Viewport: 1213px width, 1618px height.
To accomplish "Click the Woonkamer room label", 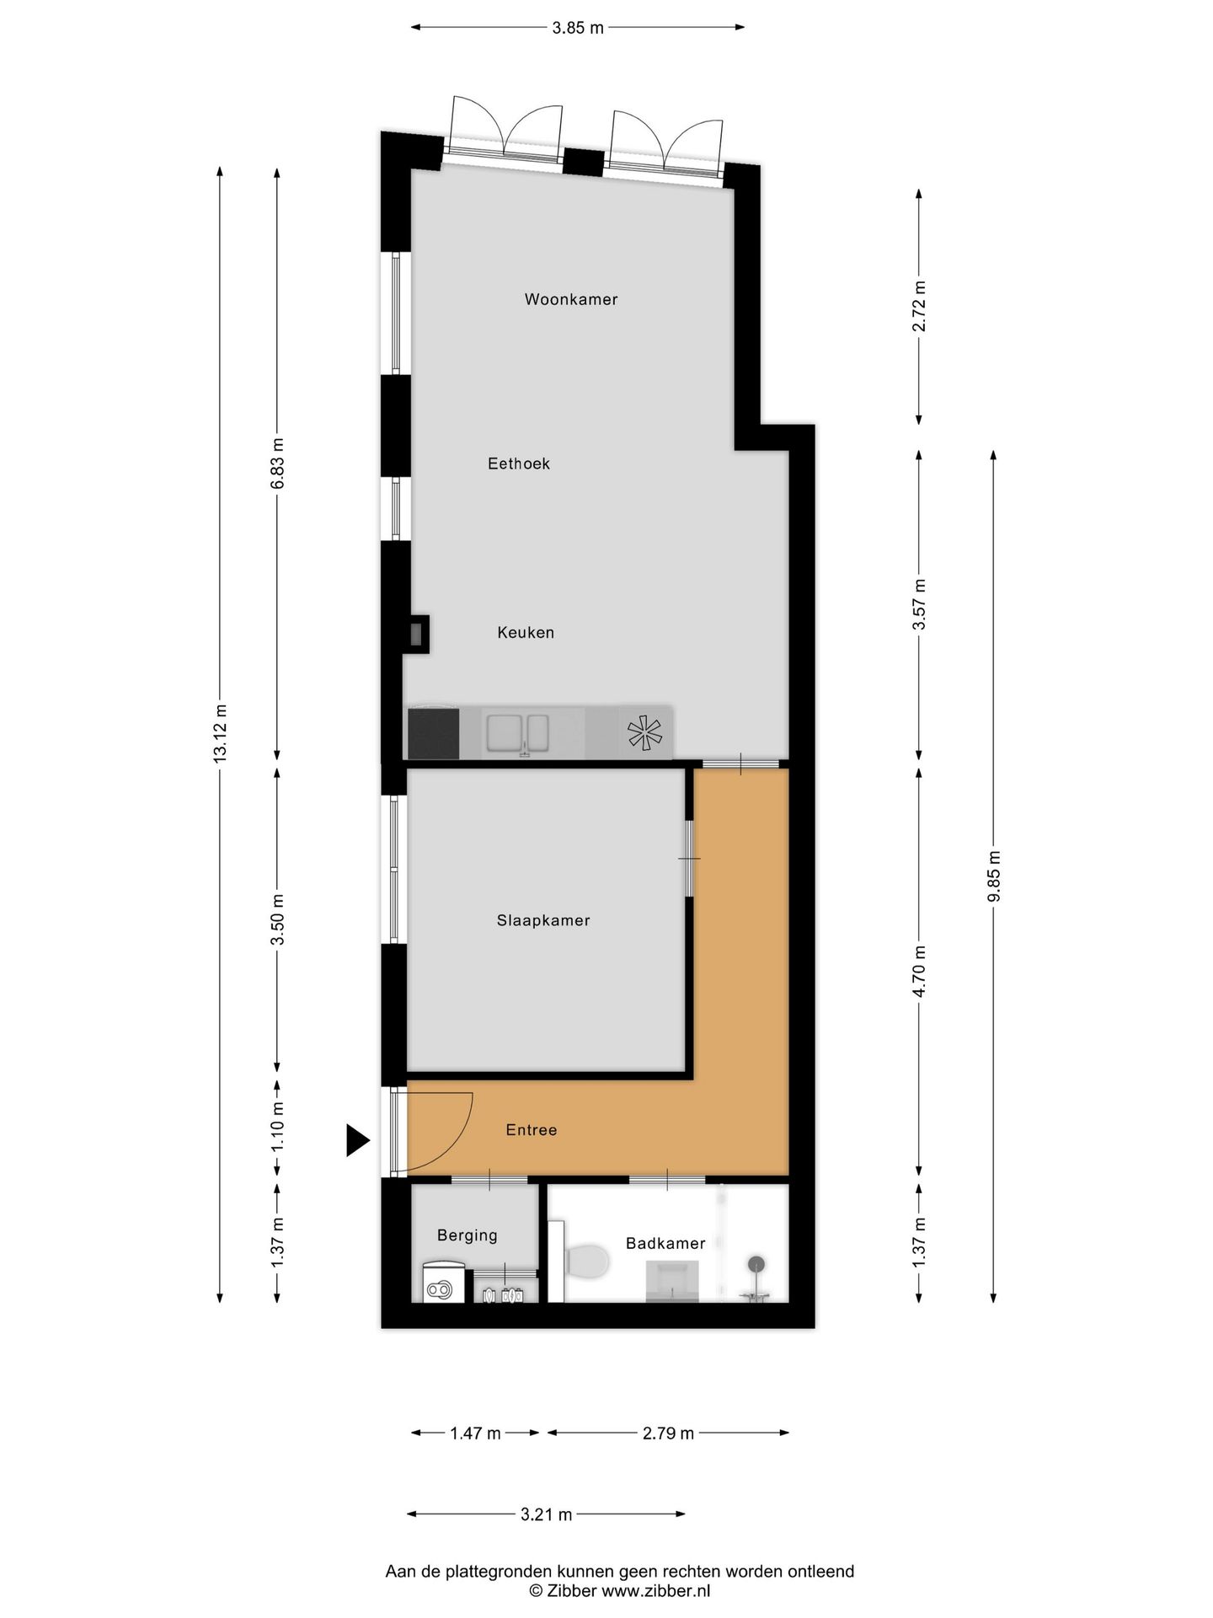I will pyautogui.click(x=571, y=299).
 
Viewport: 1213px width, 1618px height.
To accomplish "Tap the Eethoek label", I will pyautogui.click(x=519, y=463).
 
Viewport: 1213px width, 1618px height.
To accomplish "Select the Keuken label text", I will pyautogui.click(x=526, y=633).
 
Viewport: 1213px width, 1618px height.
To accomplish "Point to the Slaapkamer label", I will pyautogui.click(x=543, y=921).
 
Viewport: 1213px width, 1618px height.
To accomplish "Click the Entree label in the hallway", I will pyautogui.click(x=532, y=1130).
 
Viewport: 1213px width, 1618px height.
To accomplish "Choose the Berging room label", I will pyautogui.click(x=468, y=1235).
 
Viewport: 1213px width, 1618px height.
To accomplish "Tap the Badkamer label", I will pyautogui.click(x=665, y=1243).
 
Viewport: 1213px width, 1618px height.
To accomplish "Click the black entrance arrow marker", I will pyautogui.click(x=357, y=1141).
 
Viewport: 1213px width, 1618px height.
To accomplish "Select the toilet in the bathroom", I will pyautogui.click(x=587, y=1262).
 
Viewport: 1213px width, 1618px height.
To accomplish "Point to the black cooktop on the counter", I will pyautogui.click(x=434, y=733).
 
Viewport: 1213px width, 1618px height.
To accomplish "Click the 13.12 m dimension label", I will pyautogui.click(x=221, y=732).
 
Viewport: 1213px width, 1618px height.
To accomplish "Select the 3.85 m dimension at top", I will pyautogui.click(x=578, y=28).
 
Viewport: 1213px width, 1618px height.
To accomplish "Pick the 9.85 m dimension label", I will pyautogui.click(x=994, y=876).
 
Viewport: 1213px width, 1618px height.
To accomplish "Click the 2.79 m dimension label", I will pyautogui.click(x=668, y=1433).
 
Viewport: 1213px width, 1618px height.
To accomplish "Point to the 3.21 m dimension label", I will pyautogui.click(x=546, y=1514).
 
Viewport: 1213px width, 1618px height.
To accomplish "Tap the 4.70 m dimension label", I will pyautogui.click(x=919, y=971).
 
